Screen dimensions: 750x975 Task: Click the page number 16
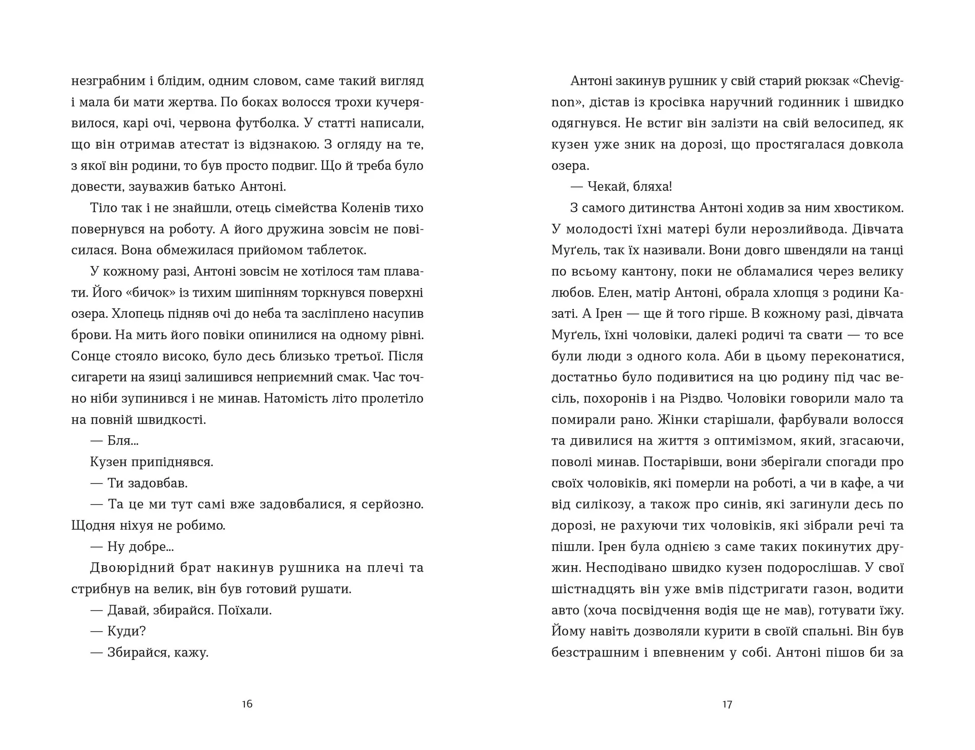point(247,704)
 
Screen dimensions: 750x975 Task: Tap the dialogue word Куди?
point(127,631)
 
